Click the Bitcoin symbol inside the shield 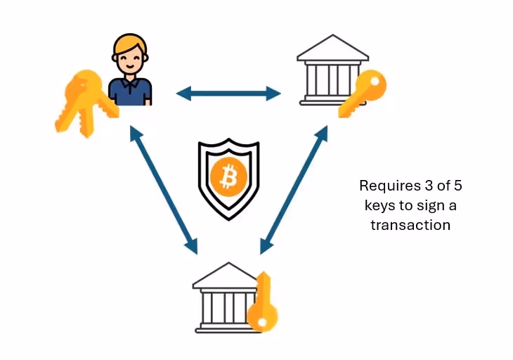(x=228, y=177)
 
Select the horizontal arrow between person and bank (x=228, y=92)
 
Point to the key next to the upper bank (x=364, y=94)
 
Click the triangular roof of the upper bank (x=332, y=48)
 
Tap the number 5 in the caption (x=457, y=186)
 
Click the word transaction (x=412, y=226)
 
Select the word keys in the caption (x=378, y=206)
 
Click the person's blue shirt (x=131, y=92)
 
